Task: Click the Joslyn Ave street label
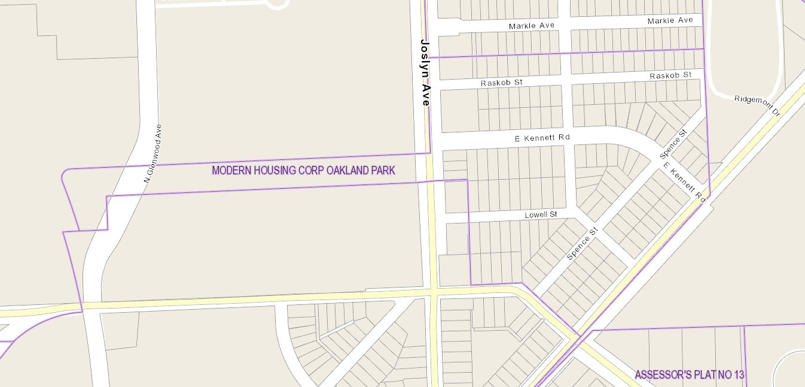pyautogui.click(x=425, y=72)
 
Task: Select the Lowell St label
pyautogui.click(x=541, y=214)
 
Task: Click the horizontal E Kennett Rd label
pyautogui.click(x=542, y=138)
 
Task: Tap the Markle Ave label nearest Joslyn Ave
pyautogui.click(x=532, y=26)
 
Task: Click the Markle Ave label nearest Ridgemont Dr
pyautogui.click(x=670, y=21)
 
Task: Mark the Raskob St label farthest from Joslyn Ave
pyautogui.click(x=670, y=75)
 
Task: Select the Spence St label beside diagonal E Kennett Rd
pyautogui.click(x=673, y=143)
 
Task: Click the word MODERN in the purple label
pyautogui.click(x=231, y=171)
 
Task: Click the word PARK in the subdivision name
pyautogui.click(x=385, y=171)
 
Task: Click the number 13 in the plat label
pyautogui.click(x=739, y=376)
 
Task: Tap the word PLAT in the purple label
pyautogui.click(x=704, y=376)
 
